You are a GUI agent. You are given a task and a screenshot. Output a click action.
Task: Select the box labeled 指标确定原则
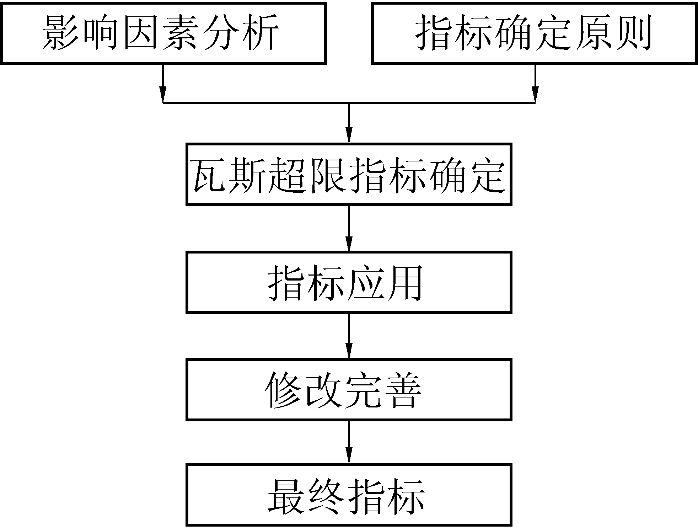click(534, 33)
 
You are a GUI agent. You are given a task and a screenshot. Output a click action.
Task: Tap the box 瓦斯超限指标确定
click(349, 174)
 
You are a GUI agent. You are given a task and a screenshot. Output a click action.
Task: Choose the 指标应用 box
click(349, 282)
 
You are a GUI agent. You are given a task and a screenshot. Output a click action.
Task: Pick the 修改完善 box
click(349, 390)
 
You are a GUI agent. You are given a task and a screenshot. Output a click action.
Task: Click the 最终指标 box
click(349, 495)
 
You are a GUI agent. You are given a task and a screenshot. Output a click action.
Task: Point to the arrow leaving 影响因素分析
click(163, 84)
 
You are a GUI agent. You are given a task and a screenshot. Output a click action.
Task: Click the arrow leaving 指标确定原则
click(535, 84)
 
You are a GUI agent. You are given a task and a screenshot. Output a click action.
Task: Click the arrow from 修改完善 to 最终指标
click(349, 442)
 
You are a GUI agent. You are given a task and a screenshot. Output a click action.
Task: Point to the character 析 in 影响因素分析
click(261, 33)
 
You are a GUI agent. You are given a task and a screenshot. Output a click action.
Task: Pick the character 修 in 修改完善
click(284, 390)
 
